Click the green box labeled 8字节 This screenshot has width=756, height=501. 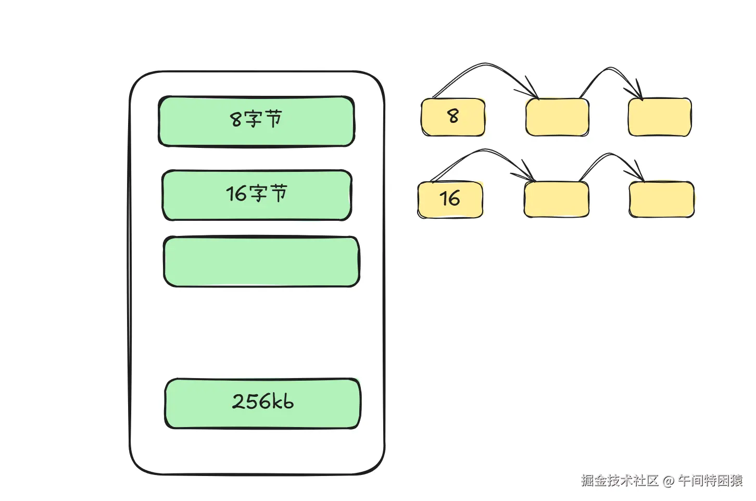(256, 121)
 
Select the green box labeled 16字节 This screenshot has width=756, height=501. (257, 195)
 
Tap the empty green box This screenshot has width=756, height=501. (261, 261)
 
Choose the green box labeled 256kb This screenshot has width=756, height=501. (262, 404)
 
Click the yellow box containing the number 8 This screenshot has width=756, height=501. (453, 117)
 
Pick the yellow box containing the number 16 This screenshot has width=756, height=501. (450, 199)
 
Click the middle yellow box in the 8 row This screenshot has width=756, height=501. (557, 117)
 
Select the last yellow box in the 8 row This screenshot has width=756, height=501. (660, 117)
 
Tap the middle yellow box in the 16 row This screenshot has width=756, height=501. (557, 199)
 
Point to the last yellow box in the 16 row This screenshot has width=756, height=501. (662, 199)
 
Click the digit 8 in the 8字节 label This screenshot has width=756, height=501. (236, 120)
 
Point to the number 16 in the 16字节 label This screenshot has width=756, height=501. (236, 194)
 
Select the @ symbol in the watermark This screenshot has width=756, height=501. (668, 481)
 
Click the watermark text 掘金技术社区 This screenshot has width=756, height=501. (620, 480)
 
